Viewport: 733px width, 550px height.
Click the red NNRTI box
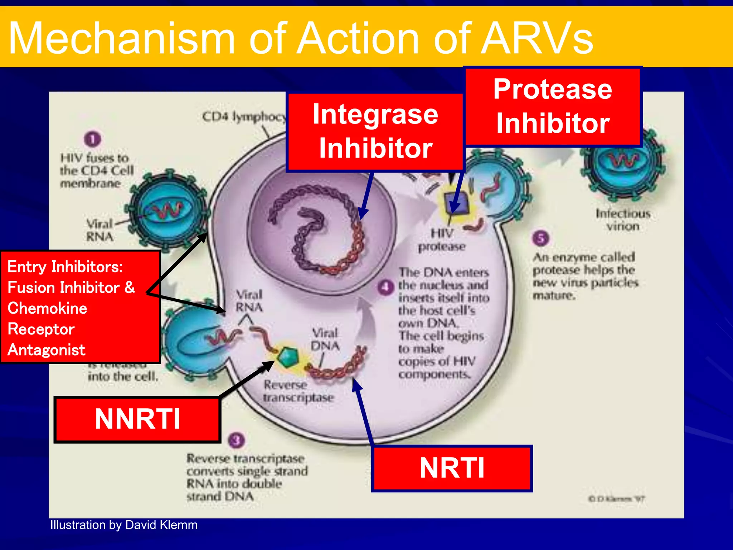(137, 420)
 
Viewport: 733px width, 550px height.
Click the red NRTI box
(452, 468)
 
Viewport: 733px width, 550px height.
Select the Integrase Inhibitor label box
(375, 132)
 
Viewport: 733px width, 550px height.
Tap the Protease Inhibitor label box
(553, 107)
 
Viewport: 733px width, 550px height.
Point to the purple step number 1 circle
(93, 139)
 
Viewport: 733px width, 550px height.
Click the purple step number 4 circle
(386, 287)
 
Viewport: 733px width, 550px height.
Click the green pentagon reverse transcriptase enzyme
(288, 357)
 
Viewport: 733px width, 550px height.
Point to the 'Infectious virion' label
(623, 220)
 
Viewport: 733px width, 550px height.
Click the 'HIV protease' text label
(442, 240)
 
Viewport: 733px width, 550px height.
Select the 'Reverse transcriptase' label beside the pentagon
(298, 391)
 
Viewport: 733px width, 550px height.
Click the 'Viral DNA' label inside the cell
(325, 339)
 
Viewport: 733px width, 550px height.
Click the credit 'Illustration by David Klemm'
(124, 525)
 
